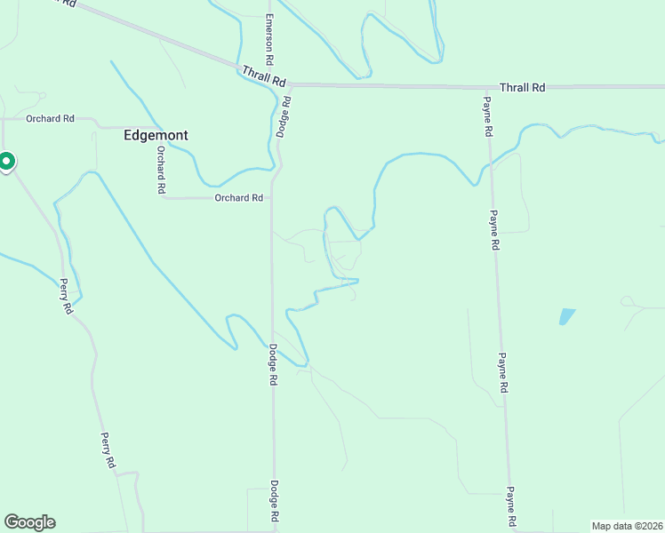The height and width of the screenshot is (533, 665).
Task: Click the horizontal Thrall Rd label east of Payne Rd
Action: tap(522, 87)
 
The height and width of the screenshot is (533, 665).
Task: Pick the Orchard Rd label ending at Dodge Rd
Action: tap(239, 197)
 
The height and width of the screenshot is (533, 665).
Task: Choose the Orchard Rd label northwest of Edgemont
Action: tap(50, 118)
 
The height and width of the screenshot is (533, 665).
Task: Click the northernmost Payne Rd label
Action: tap(488, 116)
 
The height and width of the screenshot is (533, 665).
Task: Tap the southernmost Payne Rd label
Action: tap(511, 504)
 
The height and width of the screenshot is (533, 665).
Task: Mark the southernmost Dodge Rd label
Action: tap(275, 503)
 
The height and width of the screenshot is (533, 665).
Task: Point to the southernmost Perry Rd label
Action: tap(107, 450)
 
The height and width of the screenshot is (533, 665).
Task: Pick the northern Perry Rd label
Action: tap(66, 297)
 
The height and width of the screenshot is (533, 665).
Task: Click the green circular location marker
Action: tap(5, 162)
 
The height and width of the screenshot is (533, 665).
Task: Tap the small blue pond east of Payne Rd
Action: tap(565, 315)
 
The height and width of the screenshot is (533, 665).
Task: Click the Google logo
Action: tap(29, 522)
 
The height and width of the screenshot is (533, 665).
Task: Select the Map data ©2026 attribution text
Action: tap(628, 526)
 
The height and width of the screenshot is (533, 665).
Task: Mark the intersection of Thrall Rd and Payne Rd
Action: tap(485, 87)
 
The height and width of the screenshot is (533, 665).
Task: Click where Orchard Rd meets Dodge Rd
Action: tap(271, 197)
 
